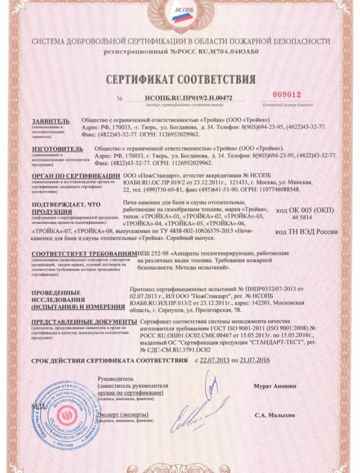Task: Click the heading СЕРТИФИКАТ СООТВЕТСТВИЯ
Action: coord(180,75)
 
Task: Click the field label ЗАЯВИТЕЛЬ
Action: coord(50,121)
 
